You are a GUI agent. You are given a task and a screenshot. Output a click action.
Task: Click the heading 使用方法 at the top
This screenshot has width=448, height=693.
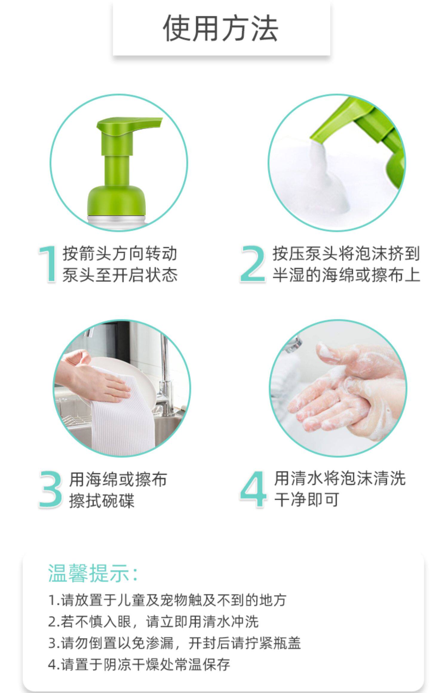point(221,28)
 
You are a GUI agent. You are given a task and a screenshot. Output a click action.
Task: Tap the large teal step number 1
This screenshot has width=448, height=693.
point(48,264)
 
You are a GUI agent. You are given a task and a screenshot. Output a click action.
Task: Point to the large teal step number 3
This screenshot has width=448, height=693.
point(50,489)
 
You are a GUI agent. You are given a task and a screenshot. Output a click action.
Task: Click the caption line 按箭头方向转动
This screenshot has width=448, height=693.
point(120,254)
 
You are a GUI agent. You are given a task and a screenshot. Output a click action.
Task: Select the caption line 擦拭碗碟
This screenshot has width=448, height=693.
point(102,500)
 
